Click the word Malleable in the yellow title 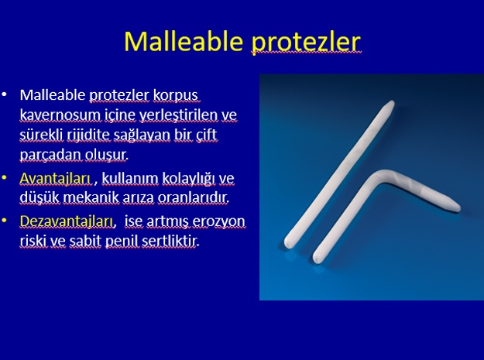[x=184, y=41]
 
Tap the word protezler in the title [x=306, y=43]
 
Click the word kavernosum [x=60, y=115]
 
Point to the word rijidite [x=88, y=135]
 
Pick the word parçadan [x=50, y=155]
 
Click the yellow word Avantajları [x=55, y=178]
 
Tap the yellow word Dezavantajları [x=66, y=221]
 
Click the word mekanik [x=91, y=197]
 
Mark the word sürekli [x=42, y=135]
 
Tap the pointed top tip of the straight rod [x=392, y=102]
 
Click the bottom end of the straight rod [x=287, y=244]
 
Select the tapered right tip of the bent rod [x=459, y=208]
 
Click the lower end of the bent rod [x=318, y=259]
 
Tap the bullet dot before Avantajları [x=5, y=178]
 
